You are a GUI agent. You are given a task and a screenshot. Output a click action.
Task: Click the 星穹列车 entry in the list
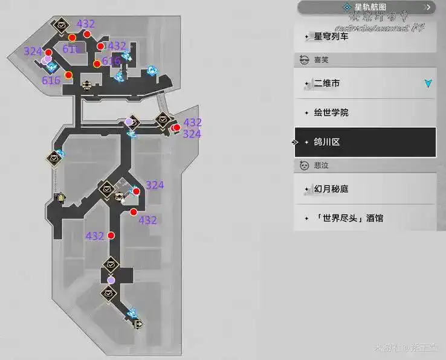tap(331, 36)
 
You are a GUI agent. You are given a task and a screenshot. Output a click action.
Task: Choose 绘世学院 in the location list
tap(331, 113)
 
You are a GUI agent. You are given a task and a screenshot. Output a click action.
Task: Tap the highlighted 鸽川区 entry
tap(328, 143)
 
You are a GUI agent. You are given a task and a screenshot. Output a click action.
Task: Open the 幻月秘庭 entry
tap(331, 189)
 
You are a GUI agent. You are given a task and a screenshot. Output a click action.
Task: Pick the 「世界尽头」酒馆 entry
tap(349, 217)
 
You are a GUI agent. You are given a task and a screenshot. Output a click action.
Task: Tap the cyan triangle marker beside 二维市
tap(428, 83)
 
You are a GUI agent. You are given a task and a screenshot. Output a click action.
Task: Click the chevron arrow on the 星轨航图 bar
tap(428, 7)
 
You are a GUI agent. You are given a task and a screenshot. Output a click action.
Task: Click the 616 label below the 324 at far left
tap(51, 80)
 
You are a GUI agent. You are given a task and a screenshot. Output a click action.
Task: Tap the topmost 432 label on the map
tap(86, 24)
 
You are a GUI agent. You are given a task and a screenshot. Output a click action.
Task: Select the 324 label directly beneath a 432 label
tap(192, 134)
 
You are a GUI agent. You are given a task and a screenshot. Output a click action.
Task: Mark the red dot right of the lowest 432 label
tap(111, 236)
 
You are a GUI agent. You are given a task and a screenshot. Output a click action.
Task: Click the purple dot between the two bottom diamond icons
tap(111, 280)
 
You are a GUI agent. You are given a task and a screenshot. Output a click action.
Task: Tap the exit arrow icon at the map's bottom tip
tap(140, 324)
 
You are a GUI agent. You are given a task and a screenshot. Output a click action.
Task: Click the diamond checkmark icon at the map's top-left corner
tap(61, 25)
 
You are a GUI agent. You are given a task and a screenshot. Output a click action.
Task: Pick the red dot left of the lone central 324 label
tap(136, 191)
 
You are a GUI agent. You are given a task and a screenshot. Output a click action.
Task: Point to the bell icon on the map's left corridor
tap(60, 198)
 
